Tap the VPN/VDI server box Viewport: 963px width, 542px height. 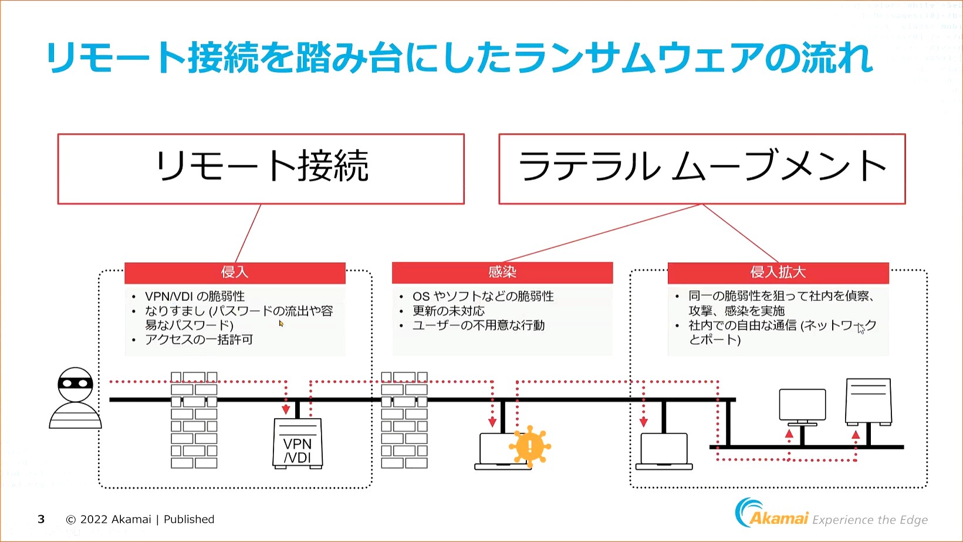298,443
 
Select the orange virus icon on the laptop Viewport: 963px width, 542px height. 529,446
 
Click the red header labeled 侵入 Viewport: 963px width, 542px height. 235,272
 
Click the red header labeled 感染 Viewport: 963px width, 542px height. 502,272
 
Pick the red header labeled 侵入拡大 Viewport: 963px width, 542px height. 778,272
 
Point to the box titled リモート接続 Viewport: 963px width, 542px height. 261,168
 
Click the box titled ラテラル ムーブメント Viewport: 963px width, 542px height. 702,168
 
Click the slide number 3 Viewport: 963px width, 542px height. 41,519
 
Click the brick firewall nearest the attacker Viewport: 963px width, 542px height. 194,419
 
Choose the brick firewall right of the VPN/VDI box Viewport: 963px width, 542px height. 404,419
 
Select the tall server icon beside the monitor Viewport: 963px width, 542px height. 869,402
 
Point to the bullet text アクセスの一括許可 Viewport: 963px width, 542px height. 199,340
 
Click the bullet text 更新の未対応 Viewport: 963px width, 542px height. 448,311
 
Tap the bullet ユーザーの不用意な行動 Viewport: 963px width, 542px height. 478,326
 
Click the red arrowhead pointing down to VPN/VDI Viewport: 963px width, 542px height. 286,409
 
